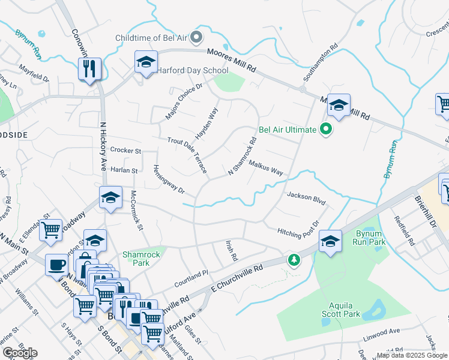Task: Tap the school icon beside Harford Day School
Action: click(x=146, y=62)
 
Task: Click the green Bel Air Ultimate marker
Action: click(x=326, y=129)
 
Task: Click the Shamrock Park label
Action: click(x=141, y=259)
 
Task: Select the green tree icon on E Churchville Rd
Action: click(x=293, y=260)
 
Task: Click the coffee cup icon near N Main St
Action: click(x=57, y=265)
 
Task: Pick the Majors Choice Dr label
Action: click(x=185, y=97)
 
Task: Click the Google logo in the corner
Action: click(x=20, y=353)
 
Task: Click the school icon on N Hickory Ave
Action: click(x=110, y=198)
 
